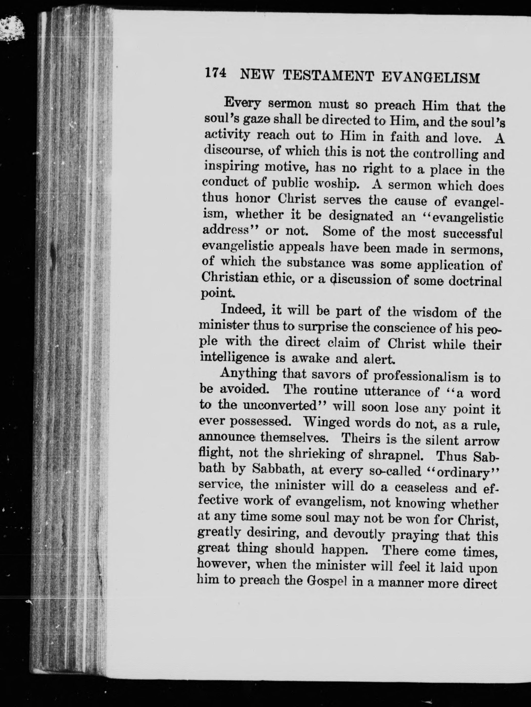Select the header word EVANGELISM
point(431,78)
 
